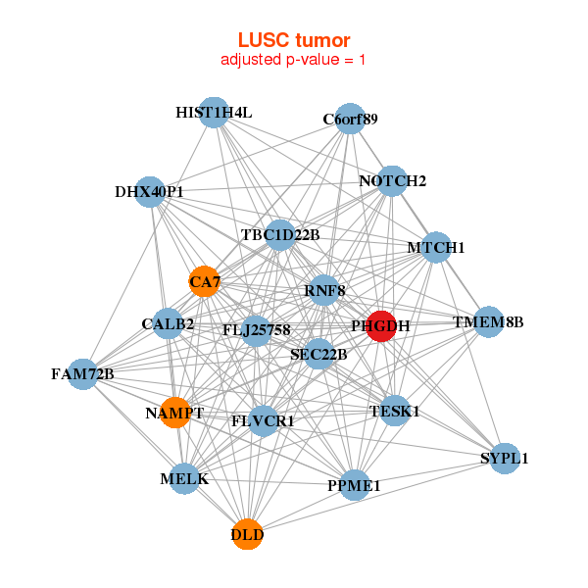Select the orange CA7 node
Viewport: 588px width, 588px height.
pos(204,281)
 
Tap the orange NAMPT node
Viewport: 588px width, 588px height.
pos(175,413)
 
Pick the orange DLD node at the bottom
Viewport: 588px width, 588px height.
pos(247,534)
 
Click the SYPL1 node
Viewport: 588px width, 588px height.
pos(504,458)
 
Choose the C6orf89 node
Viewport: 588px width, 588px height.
pos(350,120)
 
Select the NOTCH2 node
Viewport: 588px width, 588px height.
pos(392,180)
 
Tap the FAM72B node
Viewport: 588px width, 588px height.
pos(84,373)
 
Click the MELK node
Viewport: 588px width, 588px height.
pos(184,479)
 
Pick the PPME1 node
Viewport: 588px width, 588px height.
pos(353,484)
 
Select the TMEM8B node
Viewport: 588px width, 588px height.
pos(488,321)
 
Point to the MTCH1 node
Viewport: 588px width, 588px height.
pos(436,247)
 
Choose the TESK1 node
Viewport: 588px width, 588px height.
pos(395,412)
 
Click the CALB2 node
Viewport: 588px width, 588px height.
pos(168,323)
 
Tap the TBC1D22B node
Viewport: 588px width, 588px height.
pos(280,234)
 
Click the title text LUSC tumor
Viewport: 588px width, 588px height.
pos(293,40)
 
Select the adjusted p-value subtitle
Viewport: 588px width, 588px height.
pos(293,60)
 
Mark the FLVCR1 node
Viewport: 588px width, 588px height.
pos(263,420)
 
